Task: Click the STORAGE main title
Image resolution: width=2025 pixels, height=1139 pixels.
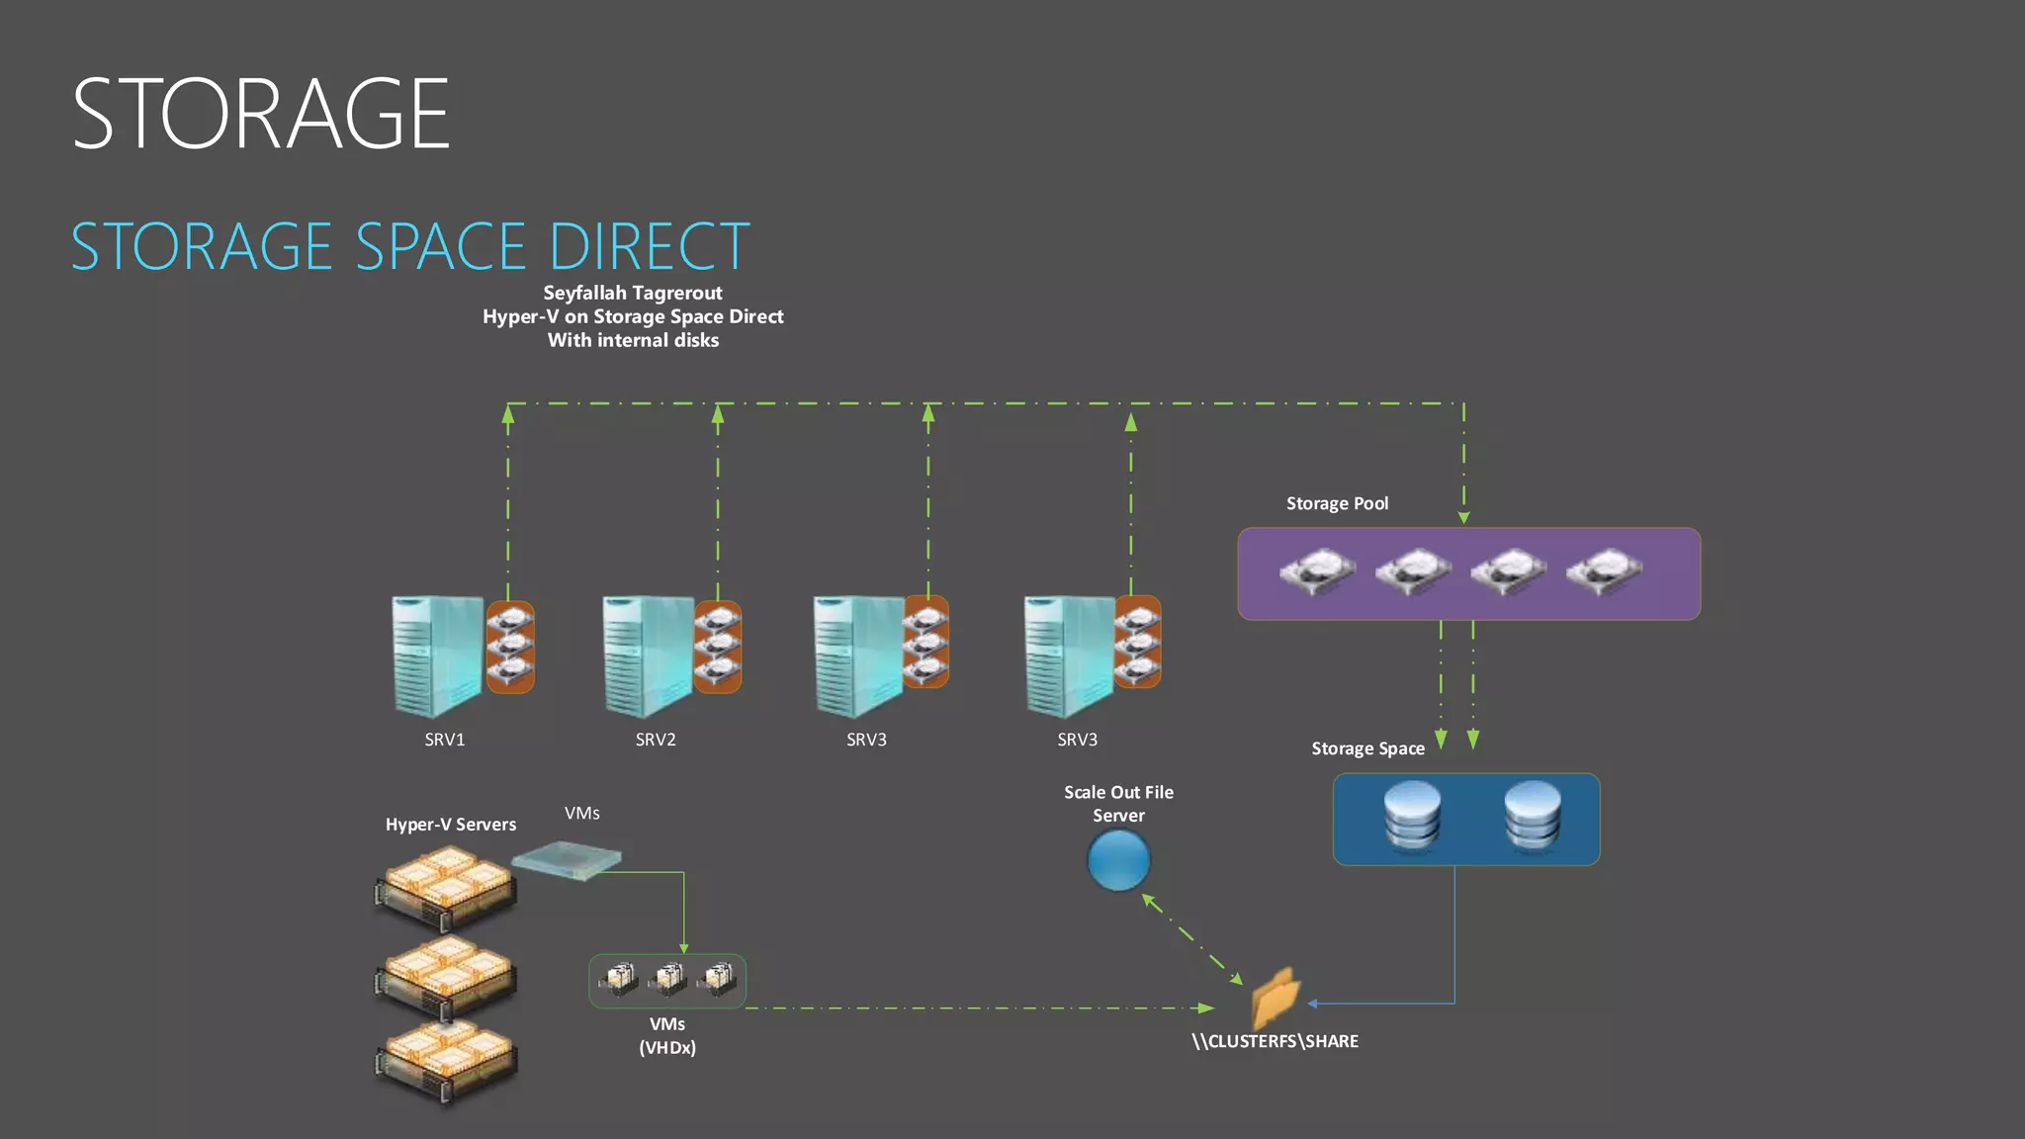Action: point(261,115)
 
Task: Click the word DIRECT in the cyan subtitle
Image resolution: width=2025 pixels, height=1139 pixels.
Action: point(649,247)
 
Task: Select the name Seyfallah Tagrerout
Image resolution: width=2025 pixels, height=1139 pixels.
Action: point(633,293)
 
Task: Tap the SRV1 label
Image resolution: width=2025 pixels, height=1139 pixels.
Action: point(444,740)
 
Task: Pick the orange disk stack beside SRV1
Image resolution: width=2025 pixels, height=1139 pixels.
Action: point(510,647)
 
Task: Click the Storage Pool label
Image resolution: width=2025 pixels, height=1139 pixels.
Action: point(1337,503)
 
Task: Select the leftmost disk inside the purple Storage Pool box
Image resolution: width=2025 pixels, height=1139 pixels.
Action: point(1317,571)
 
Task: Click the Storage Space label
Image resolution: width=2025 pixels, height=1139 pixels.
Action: point(1367,748)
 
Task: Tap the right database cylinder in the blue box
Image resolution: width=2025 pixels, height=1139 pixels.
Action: point(1532,817)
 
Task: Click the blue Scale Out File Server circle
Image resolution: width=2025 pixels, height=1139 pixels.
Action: point(1118,860)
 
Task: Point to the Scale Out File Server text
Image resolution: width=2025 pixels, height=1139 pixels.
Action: point(1118,804)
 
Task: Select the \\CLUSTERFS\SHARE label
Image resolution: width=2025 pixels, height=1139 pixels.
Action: point(1275,1041)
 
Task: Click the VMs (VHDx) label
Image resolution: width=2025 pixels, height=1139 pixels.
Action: point(667,1035)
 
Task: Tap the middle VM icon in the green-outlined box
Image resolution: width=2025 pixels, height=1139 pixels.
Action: point(668,979)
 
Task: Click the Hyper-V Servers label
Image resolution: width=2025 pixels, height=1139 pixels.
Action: point(450,825)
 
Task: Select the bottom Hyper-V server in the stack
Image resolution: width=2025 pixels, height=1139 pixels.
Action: point(446,1062)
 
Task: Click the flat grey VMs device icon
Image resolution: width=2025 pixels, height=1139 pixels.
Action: point(568,858)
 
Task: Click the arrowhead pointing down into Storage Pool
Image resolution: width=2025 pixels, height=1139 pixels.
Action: point(1463,517)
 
